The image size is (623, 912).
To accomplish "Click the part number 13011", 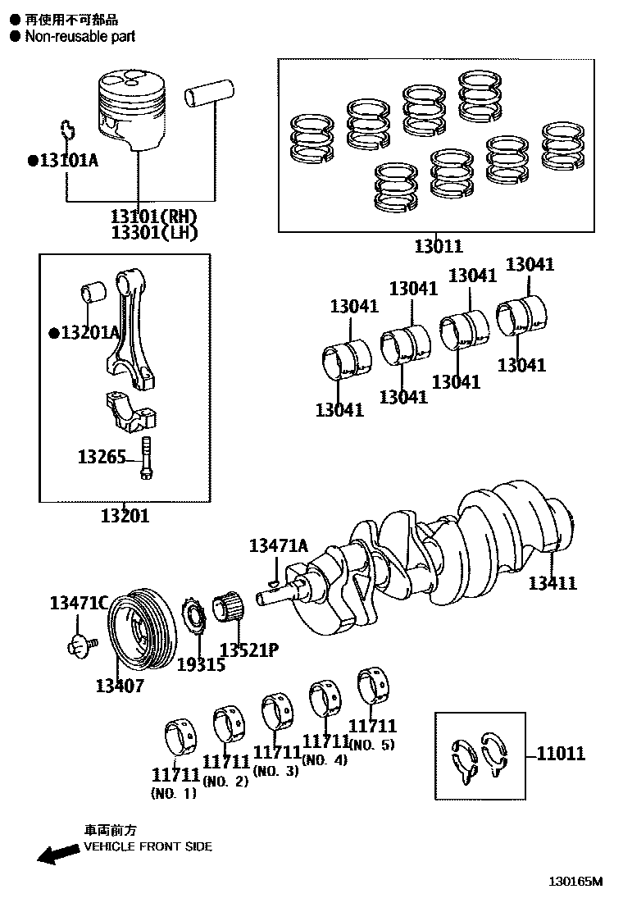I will [x=438, y=245].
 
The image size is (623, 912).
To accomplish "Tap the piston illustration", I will [x=135, y=111].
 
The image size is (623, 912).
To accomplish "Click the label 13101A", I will [x=67, y=160].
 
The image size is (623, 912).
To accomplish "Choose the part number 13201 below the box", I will [x=125, y=516].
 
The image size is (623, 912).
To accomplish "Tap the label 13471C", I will [x=78, y=604].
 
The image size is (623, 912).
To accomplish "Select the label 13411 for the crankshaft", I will [x=552, y=583].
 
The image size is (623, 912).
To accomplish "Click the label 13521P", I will [x=248, y=650].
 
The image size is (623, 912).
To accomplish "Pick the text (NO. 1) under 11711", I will [x=173, y=793].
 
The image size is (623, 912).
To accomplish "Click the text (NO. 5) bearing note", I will [x=371, y=745].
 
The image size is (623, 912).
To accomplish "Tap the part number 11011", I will [x=561, y=753].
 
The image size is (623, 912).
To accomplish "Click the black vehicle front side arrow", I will [x=57, y=855].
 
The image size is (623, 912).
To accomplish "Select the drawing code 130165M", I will [x=575, y=882].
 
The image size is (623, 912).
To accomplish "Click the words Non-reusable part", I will [x=80, y=36].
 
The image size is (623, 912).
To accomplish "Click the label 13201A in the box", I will [x=89, y=332].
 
